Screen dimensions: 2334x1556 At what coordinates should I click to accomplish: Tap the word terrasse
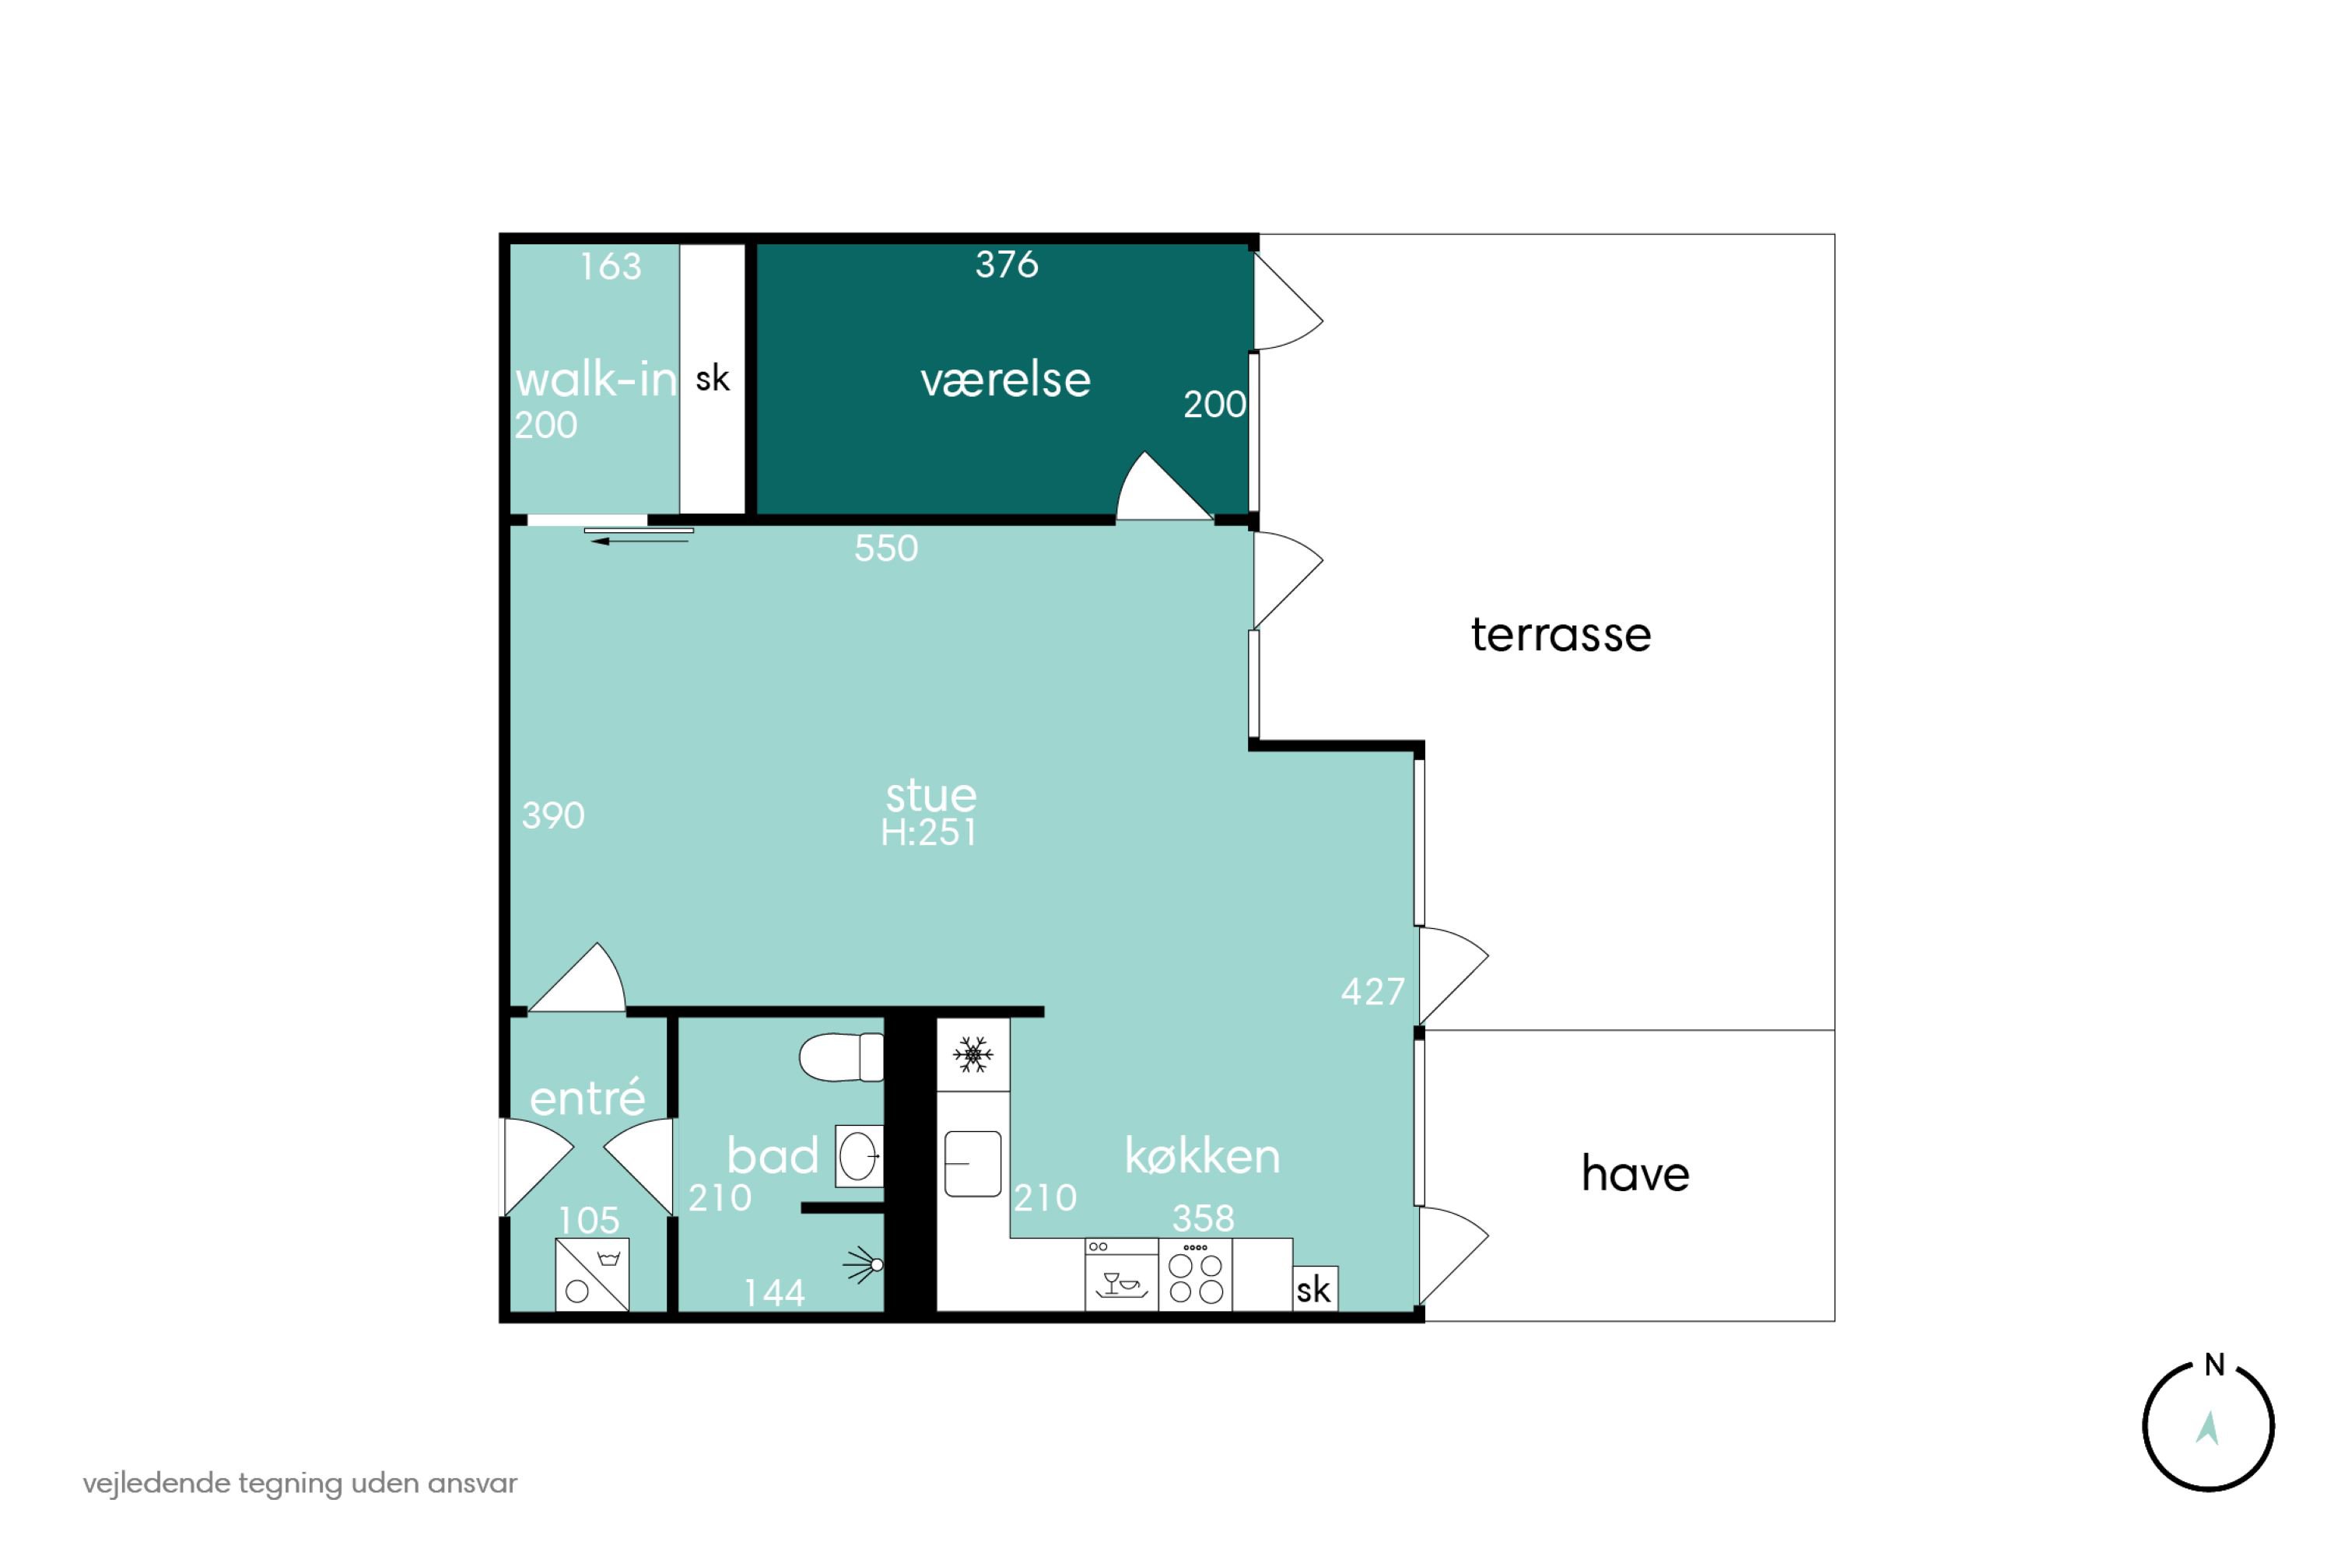coord(1561,634)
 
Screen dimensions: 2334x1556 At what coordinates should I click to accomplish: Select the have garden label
coord(1635,1173)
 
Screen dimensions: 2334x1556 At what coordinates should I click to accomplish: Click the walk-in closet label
coord(595,379)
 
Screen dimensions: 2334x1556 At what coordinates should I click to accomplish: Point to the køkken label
coord(1202,1156)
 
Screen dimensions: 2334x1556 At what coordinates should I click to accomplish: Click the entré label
coord(587,1098)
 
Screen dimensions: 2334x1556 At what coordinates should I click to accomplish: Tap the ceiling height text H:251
coord(929,832)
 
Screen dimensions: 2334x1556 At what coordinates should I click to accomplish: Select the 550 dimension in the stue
coord(886,548)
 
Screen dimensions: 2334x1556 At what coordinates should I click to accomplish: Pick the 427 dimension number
coord(1372,991)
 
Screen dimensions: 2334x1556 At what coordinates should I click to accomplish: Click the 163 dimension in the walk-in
coord(610,266)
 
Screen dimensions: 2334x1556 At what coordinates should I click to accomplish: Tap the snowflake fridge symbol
coord(972,1055)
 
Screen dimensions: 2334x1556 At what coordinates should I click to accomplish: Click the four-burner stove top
coord(1196,1275)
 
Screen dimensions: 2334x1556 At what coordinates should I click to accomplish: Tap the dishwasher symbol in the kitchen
coord(1121,1275)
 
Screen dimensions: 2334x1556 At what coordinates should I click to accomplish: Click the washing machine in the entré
coord(592,1275)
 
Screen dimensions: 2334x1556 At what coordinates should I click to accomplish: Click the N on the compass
coord(2215,1365)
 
